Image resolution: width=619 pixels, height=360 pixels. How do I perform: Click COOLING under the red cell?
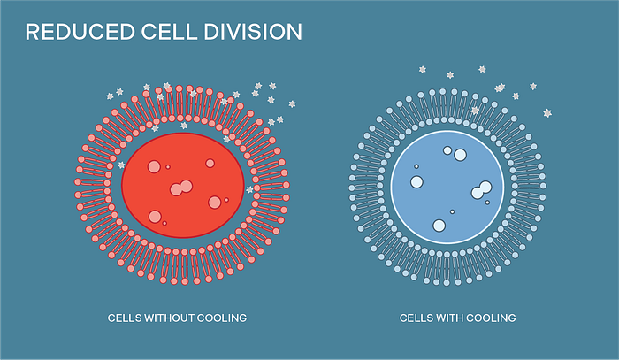click(x=225, y=317)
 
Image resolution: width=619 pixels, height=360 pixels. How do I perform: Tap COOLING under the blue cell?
click(x=493, y=317)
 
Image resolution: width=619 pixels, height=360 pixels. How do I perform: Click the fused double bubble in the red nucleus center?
click(x=181, y=188)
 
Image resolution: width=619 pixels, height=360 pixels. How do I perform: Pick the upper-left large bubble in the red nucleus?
click(x=154, y=166)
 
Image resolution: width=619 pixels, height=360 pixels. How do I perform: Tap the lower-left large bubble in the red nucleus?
click(x=155, y=216)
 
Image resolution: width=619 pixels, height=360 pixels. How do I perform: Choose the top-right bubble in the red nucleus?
click(x=210, y=163)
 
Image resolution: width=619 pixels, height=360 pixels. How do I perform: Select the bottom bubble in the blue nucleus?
click(x=439, y=226)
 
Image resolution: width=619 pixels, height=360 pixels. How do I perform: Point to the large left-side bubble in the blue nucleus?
click(x=416, y=182)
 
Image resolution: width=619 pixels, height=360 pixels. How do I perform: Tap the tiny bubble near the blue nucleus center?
click(x=452, y=211)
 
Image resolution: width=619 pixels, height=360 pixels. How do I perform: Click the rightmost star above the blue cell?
click(x=547, y=113)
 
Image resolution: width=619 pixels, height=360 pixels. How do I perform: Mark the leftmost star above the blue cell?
click(x=422, y=69)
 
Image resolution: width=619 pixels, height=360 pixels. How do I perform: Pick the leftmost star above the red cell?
click(x=110, y=96)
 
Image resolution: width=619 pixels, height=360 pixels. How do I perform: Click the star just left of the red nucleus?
click(x=120, y=165)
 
